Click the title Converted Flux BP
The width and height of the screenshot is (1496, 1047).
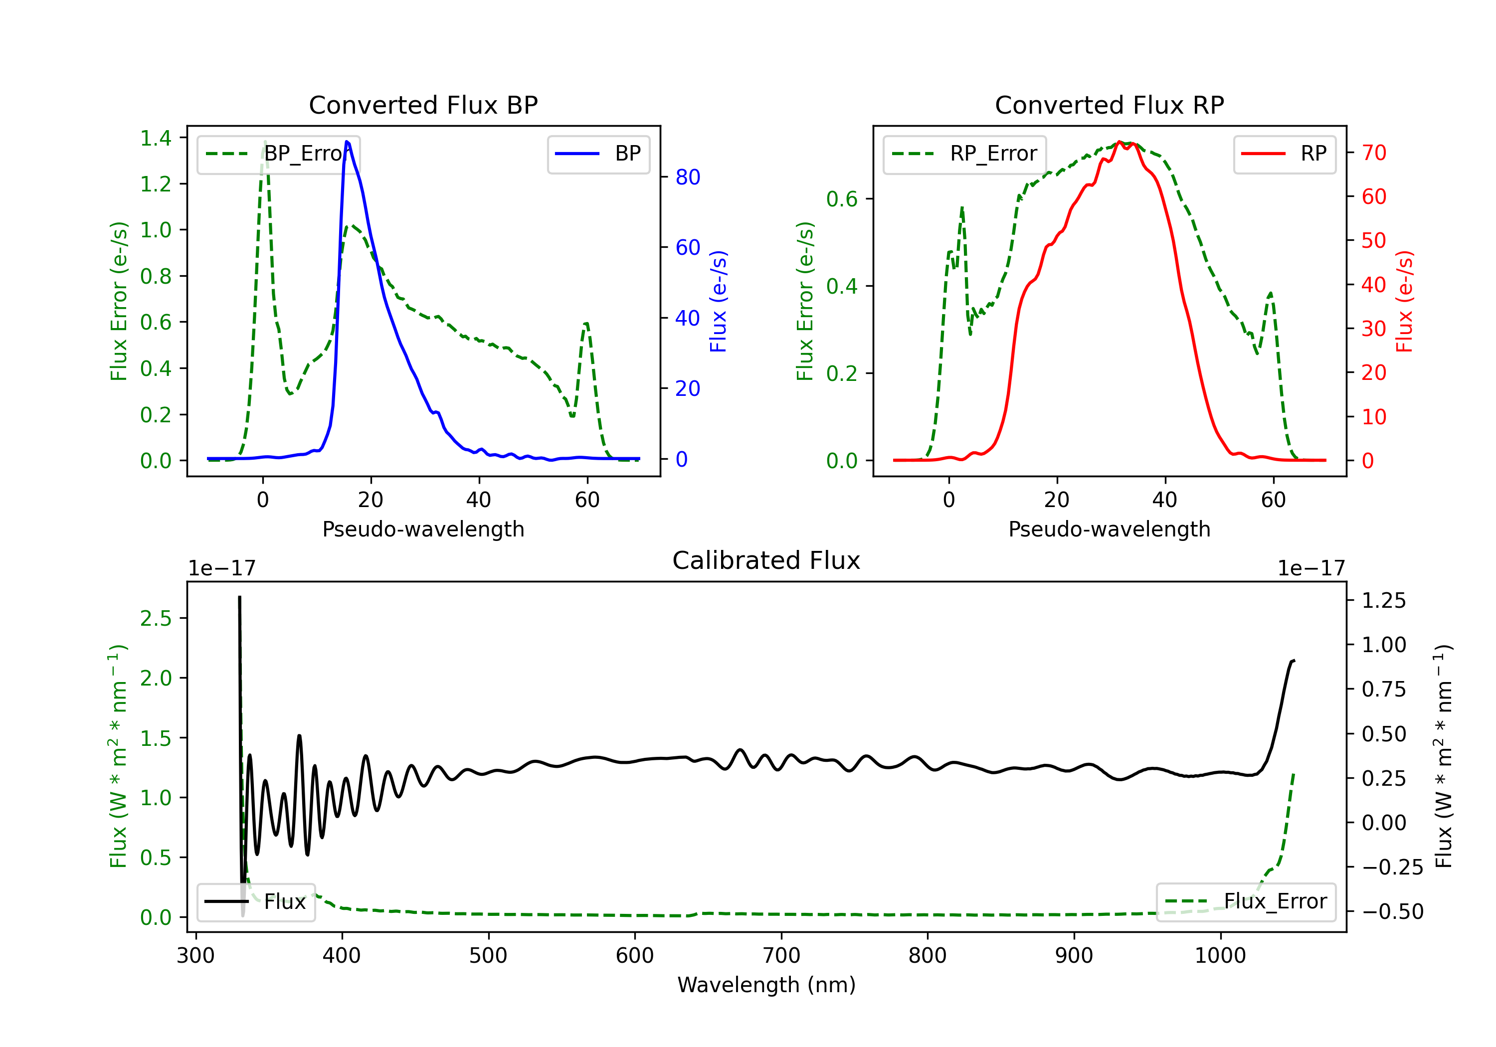tap(423, 105)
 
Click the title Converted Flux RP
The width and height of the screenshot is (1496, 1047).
tap(1109, 105)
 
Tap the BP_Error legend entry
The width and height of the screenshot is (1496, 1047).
tap(278, 154)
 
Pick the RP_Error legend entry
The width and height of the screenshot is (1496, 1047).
tap(964, 154)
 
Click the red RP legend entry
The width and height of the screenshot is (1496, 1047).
tap(1284, 154)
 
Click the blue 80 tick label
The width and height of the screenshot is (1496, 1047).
tap(687, 177)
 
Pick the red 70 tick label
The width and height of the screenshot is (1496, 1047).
tap(1373, 153)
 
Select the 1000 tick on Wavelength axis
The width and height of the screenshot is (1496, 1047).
tap(1220, 955)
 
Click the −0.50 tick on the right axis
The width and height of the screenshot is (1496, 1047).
tap(1392, 911)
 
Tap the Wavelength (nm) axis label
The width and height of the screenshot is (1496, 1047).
tap(766, 985)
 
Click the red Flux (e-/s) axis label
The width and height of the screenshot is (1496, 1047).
tap(1404, 301)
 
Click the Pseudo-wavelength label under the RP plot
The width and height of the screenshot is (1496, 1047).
tap(1109, 529)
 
